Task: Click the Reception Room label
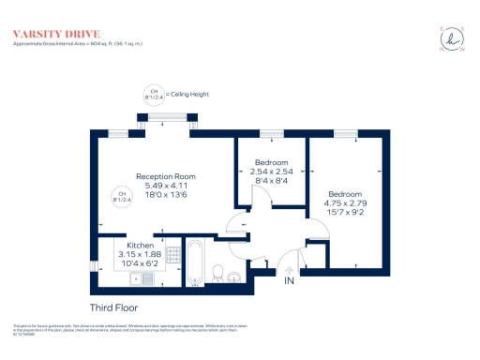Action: click(165, 176)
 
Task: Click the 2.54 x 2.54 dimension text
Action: click(274, 172)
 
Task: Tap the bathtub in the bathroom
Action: click(196, 262)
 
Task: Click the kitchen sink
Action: click(147, 278)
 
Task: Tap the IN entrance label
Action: click(290, 280)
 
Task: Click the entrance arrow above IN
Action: click(290, 269)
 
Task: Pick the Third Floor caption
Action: click(112, 307)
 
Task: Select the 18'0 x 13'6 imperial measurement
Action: click(165, 195)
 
